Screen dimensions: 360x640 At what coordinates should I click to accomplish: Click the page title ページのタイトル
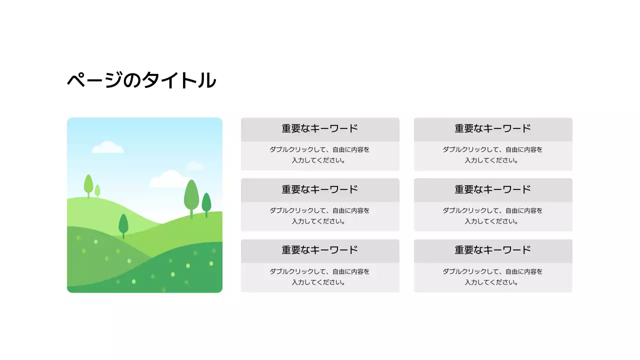(x=141, y=80)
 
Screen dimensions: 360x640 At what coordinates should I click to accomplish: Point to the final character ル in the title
(x=206, y=80)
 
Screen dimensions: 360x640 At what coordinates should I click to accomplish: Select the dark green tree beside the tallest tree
(x=206, y=202)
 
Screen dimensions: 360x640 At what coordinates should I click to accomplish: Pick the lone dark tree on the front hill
(x=123, y=224)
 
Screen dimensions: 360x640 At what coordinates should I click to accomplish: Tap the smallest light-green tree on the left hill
(x=97, y=190)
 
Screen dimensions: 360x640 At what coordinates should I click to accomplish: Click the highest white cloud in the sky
(x=107, y=147)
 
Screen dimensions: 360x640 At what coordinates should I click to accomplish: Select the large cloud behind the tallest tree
(x=167, y=179)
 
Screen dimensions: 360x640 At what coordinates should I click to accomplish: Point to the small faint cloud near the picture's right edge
(x=195, y=166)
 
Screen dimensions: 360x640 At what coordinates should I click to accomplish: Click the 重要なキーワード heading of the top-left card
(x=320, y=128)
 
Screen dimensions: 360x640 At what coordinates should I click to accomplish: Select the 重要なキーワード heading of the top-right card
(x=493, y=128)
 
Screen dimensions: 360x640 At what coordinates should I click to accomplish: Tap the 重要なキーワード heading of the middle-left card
(x=320, y=189)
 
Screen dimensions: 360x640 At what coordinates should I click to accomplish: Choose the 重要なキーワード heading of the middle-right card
(x=493, y=189)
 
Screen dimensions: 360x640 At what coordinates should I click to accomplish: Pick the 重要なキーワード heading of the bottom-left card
(x=320, y=250)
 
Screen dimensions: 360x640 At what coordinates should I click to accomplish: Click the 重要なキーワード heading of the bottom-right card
(x=493, y=250)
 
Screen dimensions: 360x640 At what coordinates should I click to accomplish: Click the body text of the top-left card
(x=320, y=155)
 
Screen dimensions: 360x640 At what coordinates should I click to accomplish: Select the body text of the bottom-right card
(x=493, y=277)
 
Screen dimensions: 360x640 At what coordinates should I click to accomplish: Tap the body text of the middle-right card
(x=493, y=216)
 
